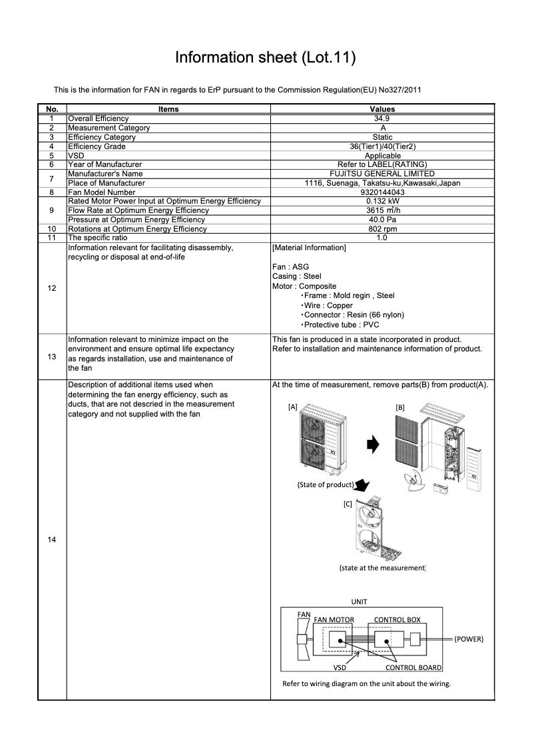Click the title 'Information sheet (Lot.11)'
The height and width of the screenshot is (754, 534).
[266, 58]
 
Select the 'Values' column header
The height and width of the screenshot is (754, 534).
[382, 109]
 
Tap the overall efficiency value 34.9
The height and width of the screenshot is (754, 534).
[382, 118]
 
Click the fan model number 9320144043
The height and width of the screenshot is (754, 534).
[382, 192]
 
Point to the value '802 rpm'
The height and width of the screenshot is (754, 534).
[382, 229]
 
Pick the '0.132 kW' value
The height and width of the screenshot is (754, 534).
[382, 201]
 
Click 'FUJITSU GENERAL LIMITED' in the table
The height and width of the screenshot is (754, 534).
[382, 174]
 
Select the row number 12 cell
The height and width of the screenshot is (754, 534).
[52, 288]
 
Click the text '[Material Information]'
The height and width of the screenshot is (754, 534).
[309, 248]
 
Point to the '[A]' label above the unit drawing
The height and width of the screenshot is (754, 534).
[292, 406]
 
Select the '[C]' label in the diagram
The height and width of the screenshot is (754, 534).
[348, 504]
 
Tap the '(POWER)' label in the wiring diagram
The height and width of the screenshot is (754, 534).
[468, 639]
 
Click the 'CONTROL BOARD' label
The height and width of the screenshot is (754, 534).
[413, 667]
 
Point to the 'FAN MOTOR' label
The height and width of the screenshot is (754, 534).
[334, 620]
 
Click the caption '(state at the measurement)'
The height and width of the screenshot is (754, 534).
[382, 568]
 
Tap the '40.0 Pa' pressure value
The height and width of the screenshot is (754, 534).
[382, 220]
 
